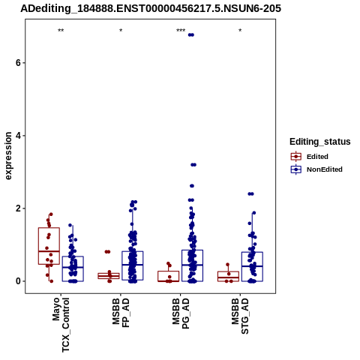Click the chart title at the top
(151, 9)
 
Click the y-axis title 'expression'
(8, 156)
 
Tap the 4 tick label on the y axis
(18, 136)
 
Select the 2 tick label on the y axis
(18, 208)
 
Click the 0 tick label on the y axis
(18, 281)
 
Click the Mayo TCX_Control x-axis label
(61, 325)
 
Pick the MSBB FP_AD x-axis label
(121, 313)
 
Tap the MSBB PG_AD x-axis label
(181, 313)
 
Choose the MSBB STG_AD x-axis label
(240, 316)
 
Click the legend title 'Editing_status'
(320, 142)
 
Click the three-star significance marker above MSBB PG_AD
(181, 31)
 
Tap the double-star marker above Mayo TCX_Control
(61, 31)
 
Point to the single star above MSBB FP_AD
(121, 31)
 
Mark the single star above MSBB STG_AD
(240, 31)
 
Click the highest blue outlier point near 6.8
(191, 34)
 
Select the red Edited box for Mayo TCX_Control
(49, 228)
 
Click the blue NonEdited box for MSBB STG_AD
(252, 252)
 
